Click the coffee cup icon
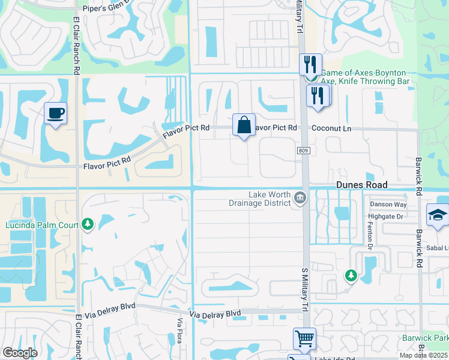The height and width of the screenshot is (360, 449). point(55,113)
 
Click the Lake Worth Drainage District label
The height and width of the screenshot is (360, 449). point(270,199)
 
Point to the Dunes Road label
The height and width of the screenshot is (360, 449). point(361,185)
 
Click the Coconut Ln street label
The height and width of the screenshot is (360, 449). point(331,128)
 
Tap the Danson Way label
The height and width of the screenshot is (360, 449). point(388,205)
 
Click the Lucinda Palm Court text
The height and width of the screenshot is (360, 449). point(42,225)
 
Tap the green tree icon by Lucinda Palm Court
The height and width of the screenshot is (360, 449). point(88,224)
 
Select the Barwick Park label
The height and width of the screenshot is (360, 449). point(426,338)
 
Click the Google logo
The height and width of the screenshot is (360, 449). point(20,353)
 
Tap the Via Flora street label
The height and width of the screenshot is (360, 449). point(179,331)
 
